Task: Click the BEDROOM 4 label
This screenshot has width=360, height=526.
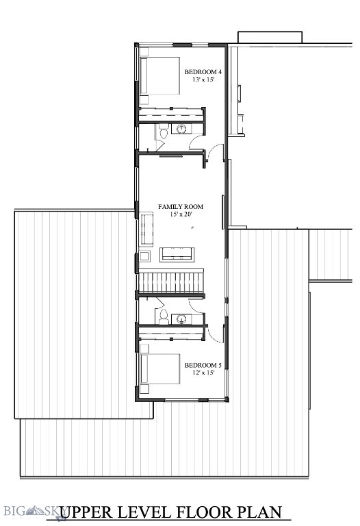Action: tap(203, 72)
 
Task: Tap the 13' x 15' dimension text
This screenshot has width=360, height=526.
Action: tap(203, 80)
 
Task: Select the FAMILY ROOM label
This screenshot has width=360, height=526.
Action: tap(181, 206)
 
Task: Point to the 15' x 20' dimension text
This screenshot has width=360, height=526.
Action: tap(181, 214)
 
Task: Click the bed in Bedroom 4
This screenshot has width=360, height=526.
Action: tap(159, 75)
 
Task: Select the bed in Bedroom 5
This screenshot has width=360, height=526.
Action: tap(159, 370)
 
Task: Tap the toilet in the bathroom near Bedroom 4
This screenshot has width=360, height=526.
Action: tap(164, 131)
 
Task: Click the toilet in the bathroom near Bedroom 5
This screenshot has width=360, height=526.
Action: tap(164, 316)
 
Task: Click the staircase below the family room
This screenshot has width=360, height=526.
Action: tap(172, 281)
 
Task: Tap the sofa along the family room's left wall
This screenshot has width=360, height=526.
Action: tap(146, 229)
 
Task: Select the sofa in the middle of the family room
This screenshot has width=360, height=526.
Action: tap(177, 255)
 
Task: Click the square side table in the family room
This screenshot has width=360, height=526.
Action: tap(144, 257)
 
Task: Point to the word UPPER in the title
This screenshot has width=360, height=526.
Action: tap(91, 512)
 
